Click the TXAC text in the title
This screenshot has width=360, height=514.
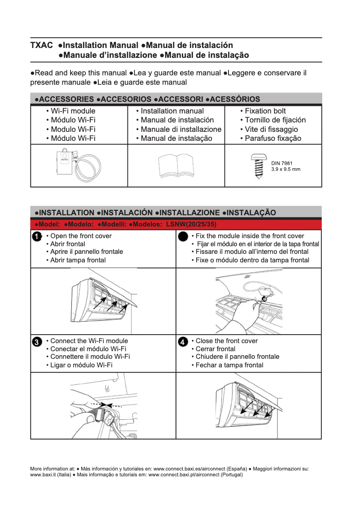point(41,45)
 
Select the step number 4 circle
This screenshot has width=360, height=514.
point(183,342)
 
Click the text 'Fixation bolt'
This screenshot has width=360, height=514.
point(265,111)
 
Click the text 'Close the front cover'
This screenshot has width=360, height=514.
point(227,341)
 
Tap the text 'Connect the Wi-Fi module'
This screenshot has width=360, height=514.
point(89,341)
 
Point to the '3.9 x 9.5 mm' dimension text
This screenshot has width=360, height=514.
point(285,169)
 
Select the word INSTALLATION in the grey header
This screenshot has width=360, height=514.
point(67,213)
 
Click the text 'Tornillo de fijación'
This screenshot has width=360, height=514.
point(275,120)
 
